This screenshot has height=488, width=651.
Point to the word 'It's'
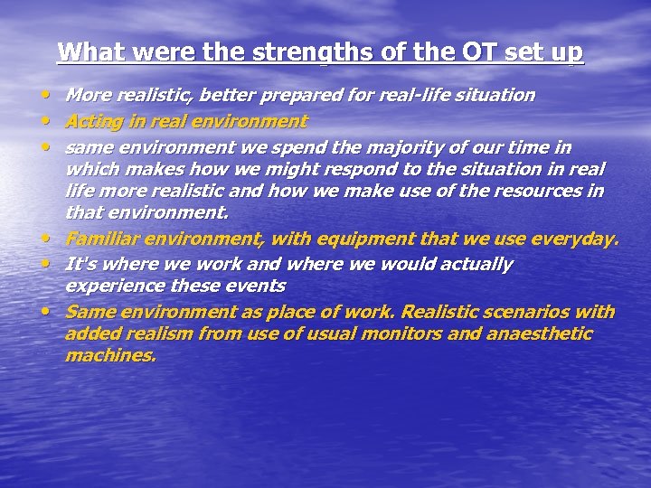point(82,265)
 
